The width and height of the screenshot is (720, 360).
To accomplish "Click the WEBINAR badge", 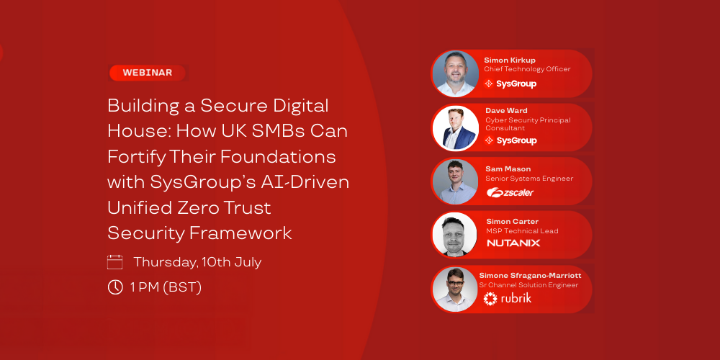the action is pyautogui.click(x=148, y=73).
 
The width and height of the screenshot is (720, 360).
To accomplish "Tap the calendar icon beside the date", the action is pyautogui.click(x=114, y=262).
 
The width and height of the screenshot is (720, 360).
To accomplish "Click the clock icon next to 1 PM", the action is pyautogui.click(x=114, y=287).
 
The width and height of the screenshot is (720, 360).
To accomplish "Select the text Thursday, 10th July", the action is pyautogui.click(x=197, y=263).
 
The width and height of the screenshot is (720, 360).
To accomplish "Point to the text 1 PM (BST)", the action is pyautogui.click(x=166, y=288).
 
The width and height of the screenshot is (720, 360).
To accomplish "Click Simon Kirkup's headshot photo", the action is pyautogui.click(x=456, y=73).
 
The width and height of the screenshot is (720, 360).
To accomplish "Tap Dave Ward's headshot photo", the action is pyautogui.click(x=456, y=127).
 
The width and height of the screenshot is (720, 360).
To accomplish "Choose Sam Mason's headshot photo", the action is pyautogui.click(x=456, y=181).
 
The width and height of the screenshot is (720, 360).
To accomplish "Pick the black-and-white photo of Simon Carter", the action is pyautogui.click(x=455, y=234).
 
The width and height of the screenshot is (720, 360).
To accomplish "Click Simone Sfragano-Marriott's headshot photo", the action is pyautogui.click(x=455, y=289).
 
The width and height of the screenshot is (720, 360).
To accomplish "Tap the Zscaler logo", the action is pyautogui.click(x=510, y=193).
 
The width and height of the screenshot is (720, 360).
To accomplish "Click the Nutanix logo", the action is pyautogui.click(x=513, y=243).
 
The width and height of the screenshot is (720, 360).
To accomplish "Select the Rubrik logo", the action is pyautogui.click(x=508, y=299).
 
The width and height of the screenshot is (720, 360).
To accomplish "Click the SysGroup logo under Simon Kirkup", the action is pyautogui.click(x=510, y=84).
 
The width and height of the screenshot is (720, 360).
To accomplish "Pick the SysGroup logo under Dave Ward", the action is pyautogui.click(x=510, y=140).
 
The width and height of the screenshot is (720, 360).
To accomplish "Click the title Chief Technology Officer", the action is pyautogui.click(x=527, y=69).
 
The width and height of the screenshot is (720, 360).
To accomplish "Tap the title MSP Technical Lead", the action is pyautogui.click(x=522, y=231).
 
